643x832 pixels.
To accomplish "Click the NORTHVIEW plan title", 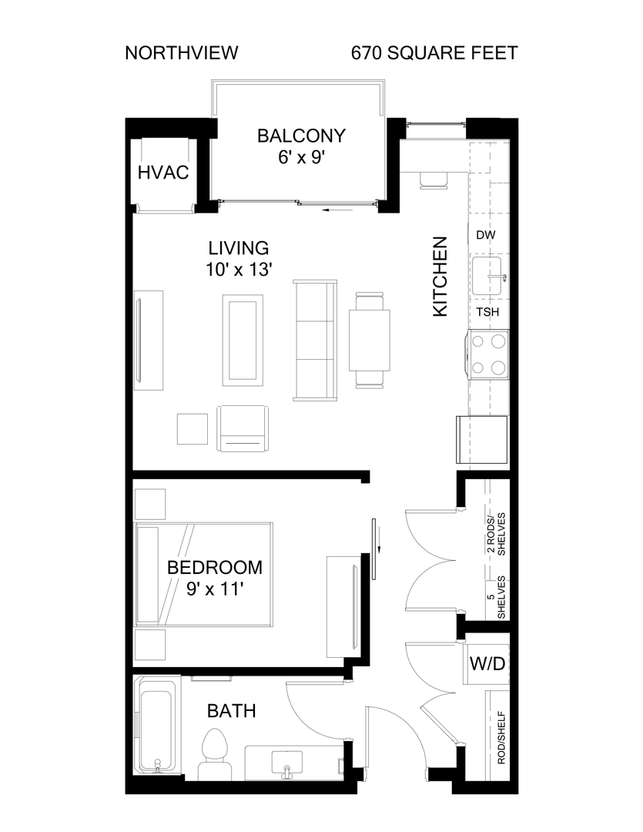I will (x=181, y=53).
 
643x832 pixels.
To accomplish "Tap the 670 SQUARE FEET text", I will (x=434, y=53).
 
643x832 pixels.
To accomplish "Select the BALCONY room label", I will (x=301, y=136).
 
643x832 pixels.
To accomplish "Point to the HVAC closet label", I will (x=162, y=172).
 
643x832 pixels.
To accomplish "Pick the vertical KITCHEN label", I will (x=440, y=277).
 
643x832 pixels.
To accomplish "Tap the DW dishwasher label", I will (x=484, y=235).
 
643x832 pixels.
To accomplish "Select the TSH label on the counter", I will (x=487, y=312).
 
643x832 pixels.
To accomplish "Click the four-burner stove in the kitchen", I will (x=488, y=354).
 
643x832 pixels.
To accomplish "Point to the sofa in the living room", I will (x=314, y=341).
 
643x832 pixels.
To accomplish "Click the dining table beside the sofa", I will (x=369, y=340).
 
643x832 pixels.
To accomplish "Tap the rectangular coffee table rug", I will (x=243, y=340).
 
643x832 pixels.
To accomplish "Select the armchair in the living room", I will (x=243, y=430).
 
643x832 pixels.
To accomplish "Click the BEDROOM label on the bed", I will (x=215, y=568).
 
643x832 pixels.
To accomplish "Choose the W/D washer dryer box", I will (x=488, y=663).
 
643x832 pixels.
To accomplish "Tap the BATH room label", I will (x=231, y=711).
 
